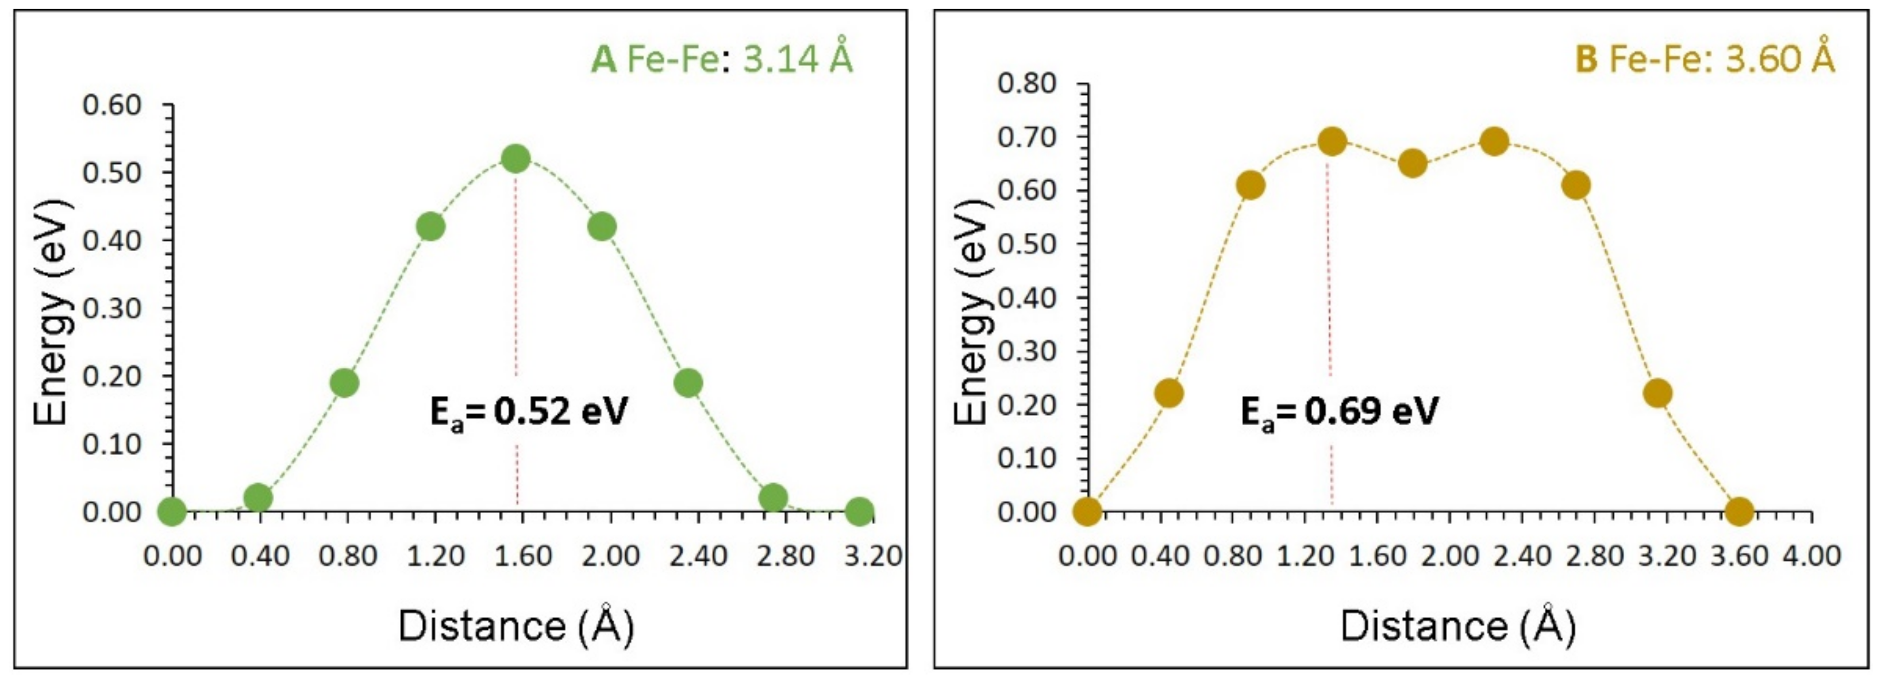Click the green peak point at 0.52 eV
coord(516,158)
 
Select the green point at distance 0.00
coord(172,511)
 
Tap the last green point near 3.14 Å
coord(859,511)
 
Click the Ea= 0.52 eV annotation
coord(528,412)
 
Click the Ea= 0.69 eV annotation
coord(1339,412)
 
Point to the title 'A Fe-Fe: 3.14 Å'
coord(722,59)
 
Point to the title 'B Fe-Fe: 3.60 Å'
coord(1705,59)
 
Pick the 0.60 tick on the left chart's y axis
coord(111,105)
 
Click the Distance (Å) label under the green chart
coord(516,626)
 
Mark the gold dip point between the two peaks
coord(1412,163)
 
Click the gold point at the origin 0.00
coord(1087,511)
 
